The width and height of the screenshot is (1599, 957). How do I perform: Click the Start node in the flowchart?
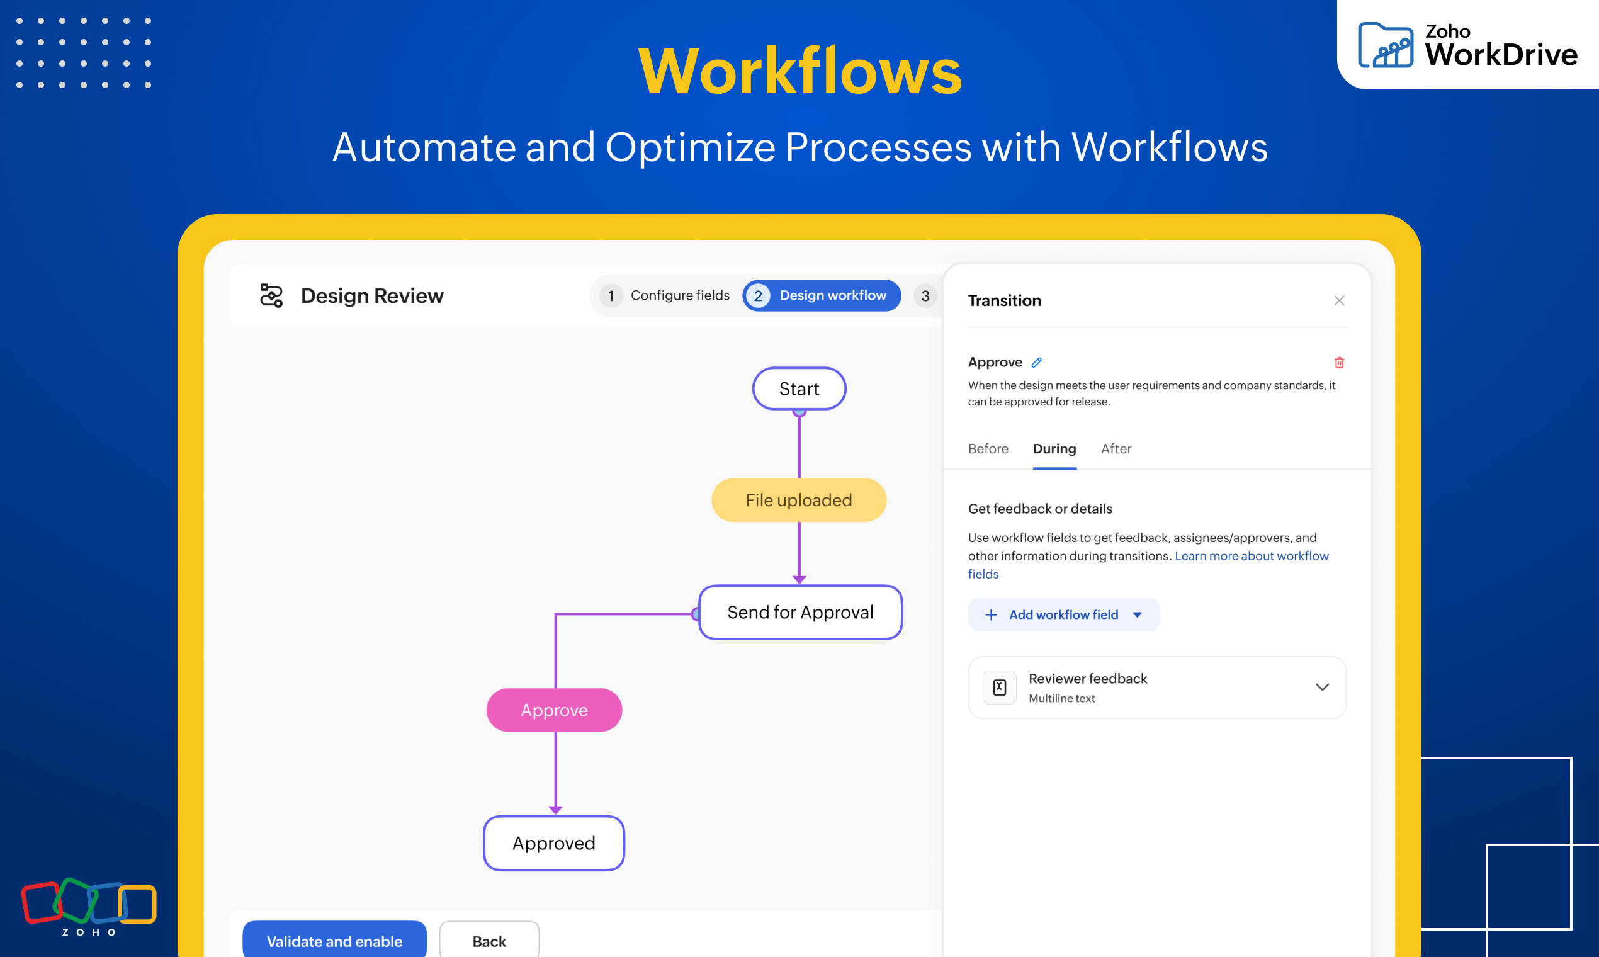[799, 388]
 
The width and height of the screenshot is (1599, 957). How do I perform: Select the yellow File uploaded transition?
[799, 500]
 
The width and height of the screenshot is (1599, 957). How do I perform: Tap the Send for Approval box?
[800, 612]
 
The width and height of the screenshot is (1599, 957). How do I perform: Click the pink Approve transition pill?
[554, 710]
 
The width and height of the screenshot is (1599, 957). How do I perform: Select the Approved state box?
[554, 843]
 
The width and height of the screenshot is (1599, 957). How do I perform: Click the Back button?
[489, 941]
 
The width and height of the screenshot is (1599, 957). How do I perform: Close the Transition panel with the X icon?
[1339, 300]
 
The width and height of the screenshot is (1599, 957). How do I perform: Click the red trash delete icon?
[1339, 363]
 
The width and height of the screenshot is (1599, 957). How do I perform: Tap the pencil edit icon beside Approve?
[1037, 363]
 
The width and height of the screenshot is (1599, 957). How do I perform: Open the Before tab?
[988, 448]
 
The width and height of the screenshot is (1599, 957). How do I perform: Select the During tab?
[1054, 448]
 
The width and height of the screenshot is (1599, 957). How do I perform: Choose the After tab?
[1116, 448]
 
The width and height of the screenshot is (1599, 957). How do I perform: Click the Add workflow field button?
[1063, 614]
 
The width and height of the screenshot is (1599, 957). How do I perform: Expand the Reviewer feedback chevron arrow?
[1322, 687]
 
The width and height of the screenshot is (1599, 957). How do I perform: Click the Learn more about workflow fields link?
[1251, 556]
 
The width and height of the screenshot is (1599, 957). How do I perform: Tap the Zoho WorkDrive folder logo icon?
[1385, 45]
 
